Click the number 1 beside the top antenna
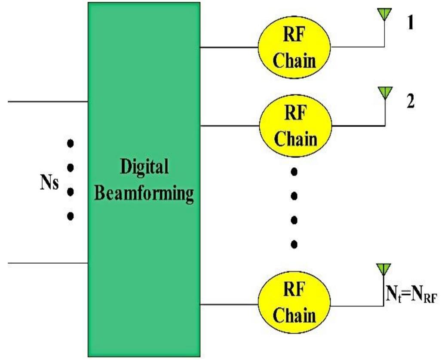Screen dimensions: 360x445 click(x=410, y=24)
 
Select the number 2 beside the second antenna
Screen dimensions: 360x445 click(x=411, y=104)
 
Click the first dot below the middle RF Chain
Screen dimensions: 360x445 click(x=294, y=172)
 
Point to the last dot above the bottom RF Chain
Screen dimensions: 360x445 click(x=294, y=244)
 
